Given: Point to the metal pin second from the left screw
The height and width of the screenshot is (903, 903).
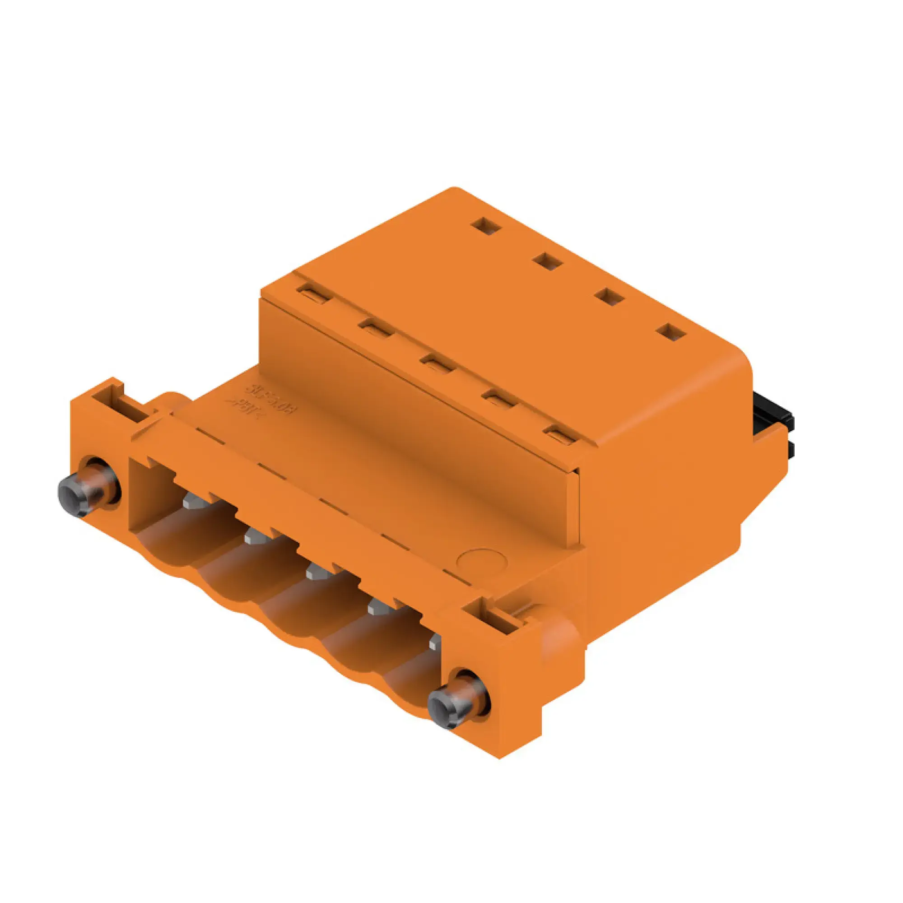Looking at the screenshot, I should pyautogui.click(x=254, y=537).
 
